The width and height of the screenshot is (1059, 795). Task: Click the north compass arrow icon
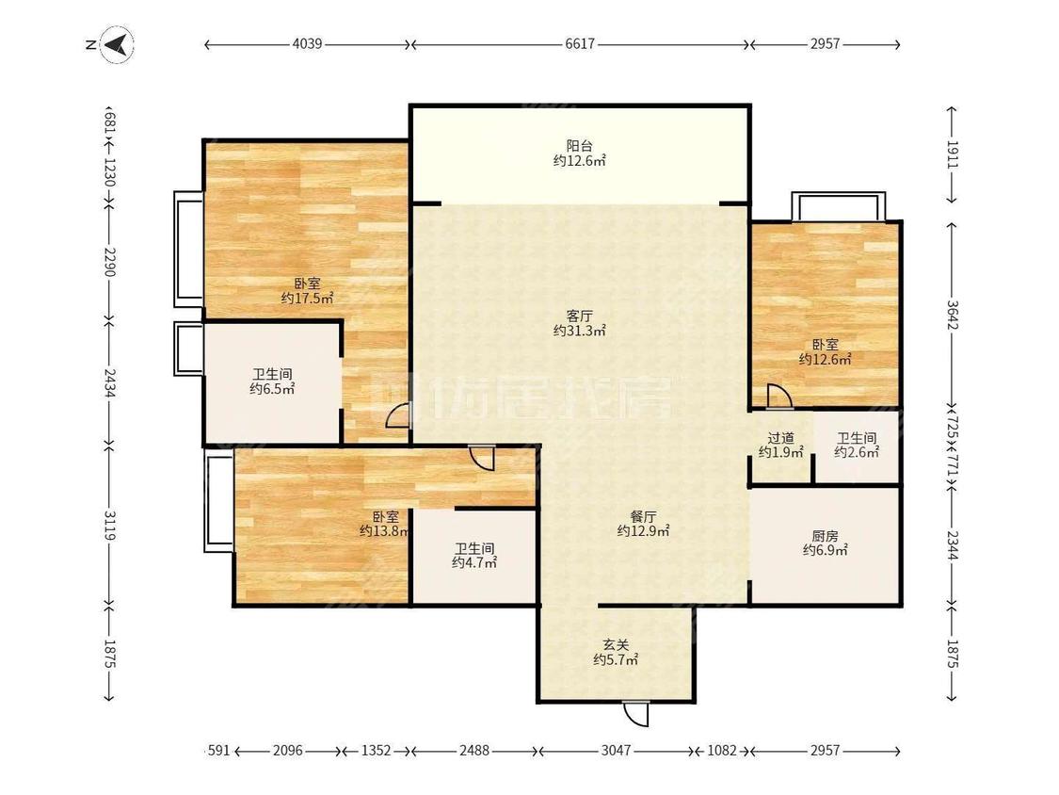[x=116, y=45]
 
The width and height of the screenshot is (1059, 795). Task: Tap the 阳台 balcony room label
[x=580, y=145]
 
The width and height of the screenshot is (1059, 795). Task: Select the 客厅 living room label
[x=580, y=316]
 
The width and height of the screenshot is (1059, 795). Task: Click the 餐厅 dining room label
[x=644, y=516]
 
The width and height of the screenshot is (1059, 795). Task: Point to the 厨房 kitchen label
[x=825, y=536]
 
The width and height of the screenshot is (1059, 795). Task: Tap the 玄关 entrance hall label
[x=616, y=645]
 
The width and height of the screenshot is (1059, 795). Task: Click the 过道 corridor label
[x=780, y=438]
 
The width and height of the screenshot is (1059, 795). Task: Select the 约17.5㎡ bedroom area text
[x=307, y=298]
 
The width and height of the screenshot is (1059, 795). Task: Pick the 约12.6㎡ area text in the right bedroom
[x=826, y=360]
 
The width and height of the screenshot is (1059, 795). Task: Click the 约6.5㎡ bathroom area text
[x=272, y=389]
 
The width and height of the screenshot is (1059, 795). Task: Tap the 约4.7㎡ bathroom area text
[x=474, y=562]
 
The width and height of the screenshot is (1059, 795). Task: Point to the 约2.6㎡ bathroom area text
[x=857, y=453]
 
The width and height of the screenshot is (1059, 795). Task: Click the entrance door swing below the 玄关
[x=635, y=714]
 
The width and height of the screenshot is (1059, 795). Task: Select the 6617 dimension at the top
[x=580, y=44]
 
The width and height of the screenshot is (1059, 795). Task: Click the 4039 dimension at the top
[x=307, y=44]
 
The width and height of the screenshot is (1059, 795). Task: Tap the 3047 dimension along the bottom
[x=616, y=751]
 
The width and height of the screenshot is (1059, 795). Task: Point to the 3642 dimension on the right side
[x=953, y=315]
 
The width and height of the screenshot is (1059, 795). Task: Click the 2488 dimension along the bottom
[x=474, y=751]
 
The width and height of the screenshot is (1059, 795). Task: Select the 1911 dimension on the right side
[x=953, y=154]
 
